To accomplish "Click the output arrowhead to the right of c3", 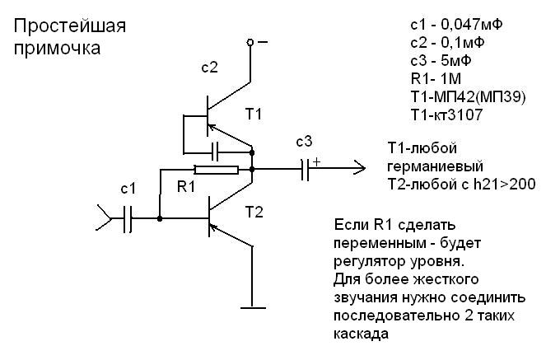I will pos(360,170).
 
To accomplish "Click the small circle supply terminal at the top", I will pos(262,40).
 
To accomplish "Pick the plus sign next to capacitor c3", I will pos(315,161).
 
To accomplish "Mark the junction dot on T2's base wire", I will pos(159,219).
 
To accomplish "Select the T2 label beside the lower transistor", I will pos(255,213).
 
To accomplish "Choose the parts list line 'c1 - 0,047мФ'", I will pos(450,24).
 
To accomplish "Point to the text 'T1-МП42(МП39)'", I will pos(455,97).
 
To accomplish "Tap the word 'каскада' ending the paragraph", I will pos(361,335).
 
